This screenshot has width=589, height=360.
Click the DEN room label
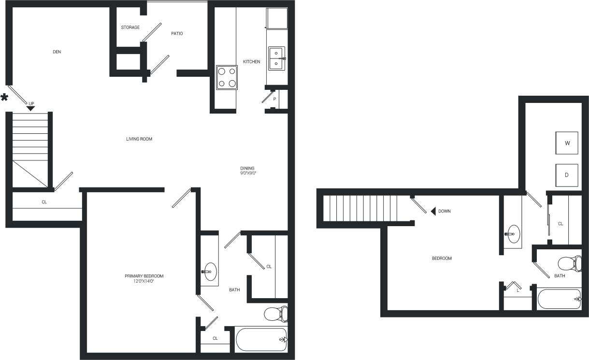coord(57,52)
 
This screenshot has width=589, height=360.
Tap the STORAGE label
coord(130,28)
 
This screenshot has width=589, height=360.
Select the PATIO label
coord(177,34)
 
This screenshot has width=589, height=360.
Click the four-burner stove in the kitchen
coord(227,77)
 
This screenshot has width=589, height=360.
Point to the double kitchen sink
coord(276,58)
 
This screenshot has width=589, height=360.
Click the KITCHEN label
coord(251,62)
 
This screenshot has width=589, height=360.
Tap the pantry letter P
coord(274,99)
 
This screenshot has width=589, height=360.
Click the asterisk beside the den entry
coord(4,98)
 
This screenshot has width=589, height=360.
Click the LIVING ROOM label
coord(139,139)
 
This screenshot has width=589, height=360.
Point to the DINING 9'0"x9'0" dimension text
coord(248,173)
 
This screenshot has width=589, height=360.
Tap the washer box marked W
coord(567,143)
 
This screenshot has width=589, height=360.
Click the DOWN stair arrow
coord(434,211)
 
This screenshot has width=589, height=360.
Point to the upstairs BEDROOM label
coord(442,259)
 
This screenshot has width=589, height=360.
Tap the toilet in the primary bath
coord(276,314)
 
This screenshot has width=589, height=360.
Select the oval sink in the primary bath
coord(210,272)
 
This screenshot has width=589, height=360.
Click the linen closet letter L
coord(517,290)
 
